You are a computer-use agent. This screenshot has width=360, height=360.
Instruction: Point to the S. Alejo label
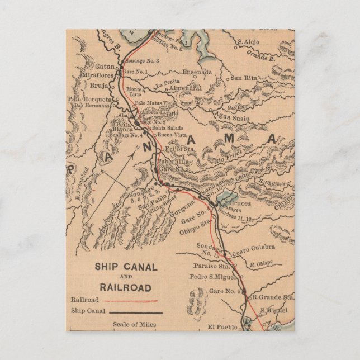click(x=250, y=41)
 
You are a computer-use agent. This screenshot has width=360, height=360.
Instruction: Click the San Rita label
click(x=244, y=78)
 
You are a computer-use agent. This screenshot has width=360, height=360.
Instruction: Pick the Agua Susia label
click(x=230, y=118)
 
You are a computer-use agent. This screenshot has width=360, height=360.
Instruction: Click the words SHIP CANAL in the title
click(x=126, y=267)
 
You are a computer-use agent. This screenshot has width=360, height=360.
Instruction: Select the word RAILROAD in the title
click(x=126, y=287)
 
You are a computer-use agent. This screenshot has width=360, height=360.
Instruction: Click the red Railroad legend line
click(x=134, y=300)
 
